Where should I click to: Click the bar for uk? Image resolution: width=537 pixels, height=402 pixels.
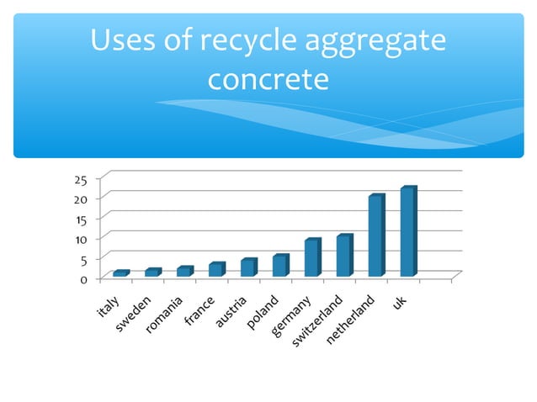[x=408, y=232]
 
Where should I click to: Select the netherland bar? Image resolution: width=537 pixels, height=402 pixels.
[x=375, y=236]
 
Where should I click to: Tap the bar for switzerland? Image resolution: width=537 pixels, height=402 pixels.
[x=343, y=256]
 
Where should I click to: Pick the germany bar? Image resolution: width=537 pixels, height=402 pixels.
[x=311, y=258]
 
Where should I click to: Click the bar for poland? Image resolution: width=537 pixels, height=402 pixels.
[x=279, y=266]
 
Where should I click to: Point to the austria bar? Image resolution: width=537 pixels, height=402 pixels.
[x=247, y=267]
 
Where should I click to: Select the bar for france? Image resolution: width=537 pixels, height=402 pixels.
[x=215, y=269]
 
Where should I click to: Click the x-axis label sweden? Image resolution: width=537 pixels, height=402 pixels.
[x=134, y=314]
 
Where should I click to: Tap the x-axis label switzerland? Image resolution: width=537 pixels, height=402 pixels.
[x=318, y=322]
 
